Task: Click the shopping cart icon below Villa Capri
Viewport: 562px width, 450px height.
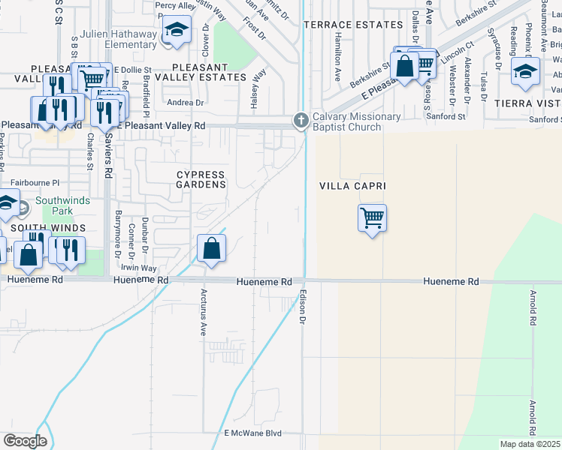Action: pyautogui.click(x=373, y=218)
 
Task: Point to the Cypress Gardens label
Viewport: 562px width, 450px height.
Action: pyautogui.click(x=201, y=179)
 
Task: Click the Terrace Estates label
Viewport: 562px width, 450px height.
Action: pyautogui.click(x=353, y=25)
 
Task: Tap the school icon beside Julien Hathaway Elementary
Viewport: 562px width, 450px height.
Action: pyautogui.click(x=177, y=31)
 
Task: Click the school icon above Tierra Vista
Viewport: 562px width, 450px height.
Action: pyautogui.click(x=525, y=71)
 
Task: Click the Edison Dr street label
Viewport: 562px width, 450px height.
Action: pyautogui.click(x=304, y=307)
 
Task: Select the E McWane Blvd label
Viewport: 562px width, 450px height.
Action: pyautogui.click(x=252, y=433)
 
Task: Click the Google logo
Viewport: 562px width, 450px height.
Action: pyautogui.click(x=25, y=441)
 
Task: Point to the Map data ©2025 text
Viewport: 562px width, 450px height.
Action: pyautogui.click(x=530, y=444)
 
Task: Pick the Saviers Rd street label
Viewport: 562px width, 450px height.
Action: pyautogui.click(x=108, y=160)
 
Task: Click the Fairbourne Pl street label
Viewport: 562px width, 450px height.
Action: pyautogui.click(x=35, y=182)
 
